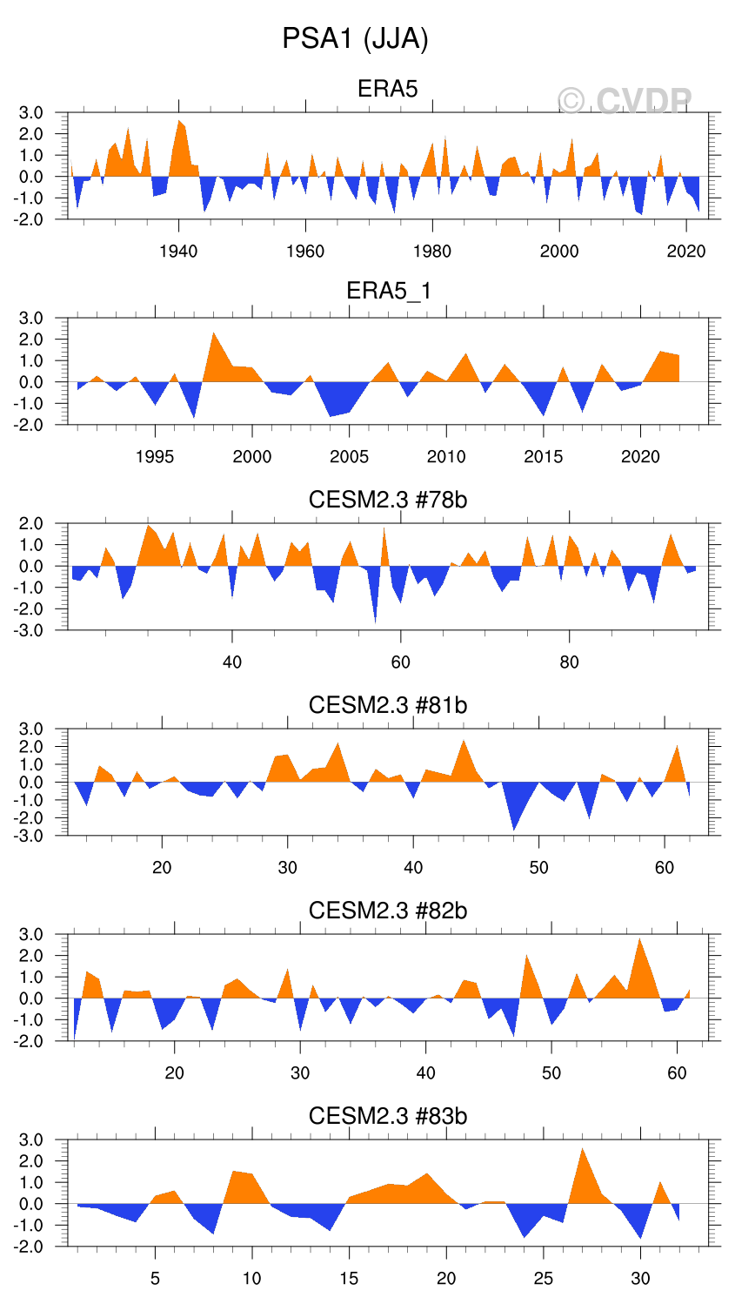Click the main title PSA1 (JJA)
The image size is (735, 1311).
click(355, 39)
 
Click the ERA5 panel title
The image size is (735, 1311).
click(388, 89)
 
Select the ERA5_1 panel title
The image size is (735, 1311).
click(388, 291)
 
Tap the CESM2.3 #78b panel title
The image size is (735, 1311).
click(388, 500)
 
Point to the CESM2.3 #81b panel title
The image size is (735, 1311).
click(388, 704)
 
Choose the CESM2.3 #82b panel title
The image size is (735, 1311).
click(388, 911)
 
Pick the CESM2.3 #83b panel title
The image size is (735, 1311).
click(388, 1116)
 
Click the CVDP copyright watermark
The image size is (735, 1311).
click(625, 102)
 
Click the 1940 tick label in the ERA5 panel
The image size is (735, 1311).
click(178, 252)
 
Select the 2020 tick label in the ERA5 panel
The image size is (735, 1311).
click(686, 252)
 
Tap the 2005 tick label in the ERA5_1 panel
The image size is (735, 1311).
click(349, 457)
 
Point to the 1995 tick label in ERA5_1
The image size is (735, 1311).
click(155, 457)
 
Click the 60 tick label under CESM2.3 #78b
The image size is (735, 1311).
click(400, 662)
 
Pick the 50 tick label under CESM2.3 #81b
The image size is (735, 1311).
click(539, 868)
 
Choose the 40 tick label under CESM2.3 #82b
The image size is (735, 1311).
click(426, 1073)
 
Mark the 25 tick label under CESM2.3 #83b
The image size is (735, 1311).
click(544, 1279)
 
